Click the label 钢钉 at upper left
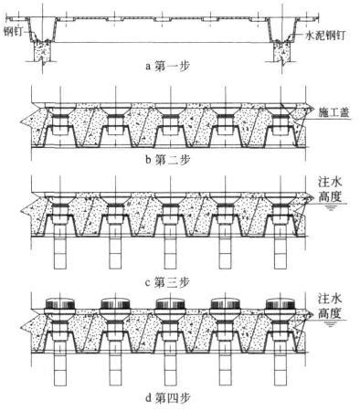(14, 31)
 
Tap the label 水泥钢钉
(325, 36)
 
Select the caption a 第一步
(167, 66)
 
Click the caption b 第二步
(167, 159)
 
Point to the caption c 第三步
(167, 282)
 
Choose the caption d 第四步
(167, 397)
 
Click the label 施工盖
(334, 112)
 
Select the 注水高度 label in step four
(330, 305)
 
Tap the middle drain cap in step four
(170, 303)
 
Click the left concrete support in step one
(42, 52)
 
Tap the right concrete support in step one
(282, 52)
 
